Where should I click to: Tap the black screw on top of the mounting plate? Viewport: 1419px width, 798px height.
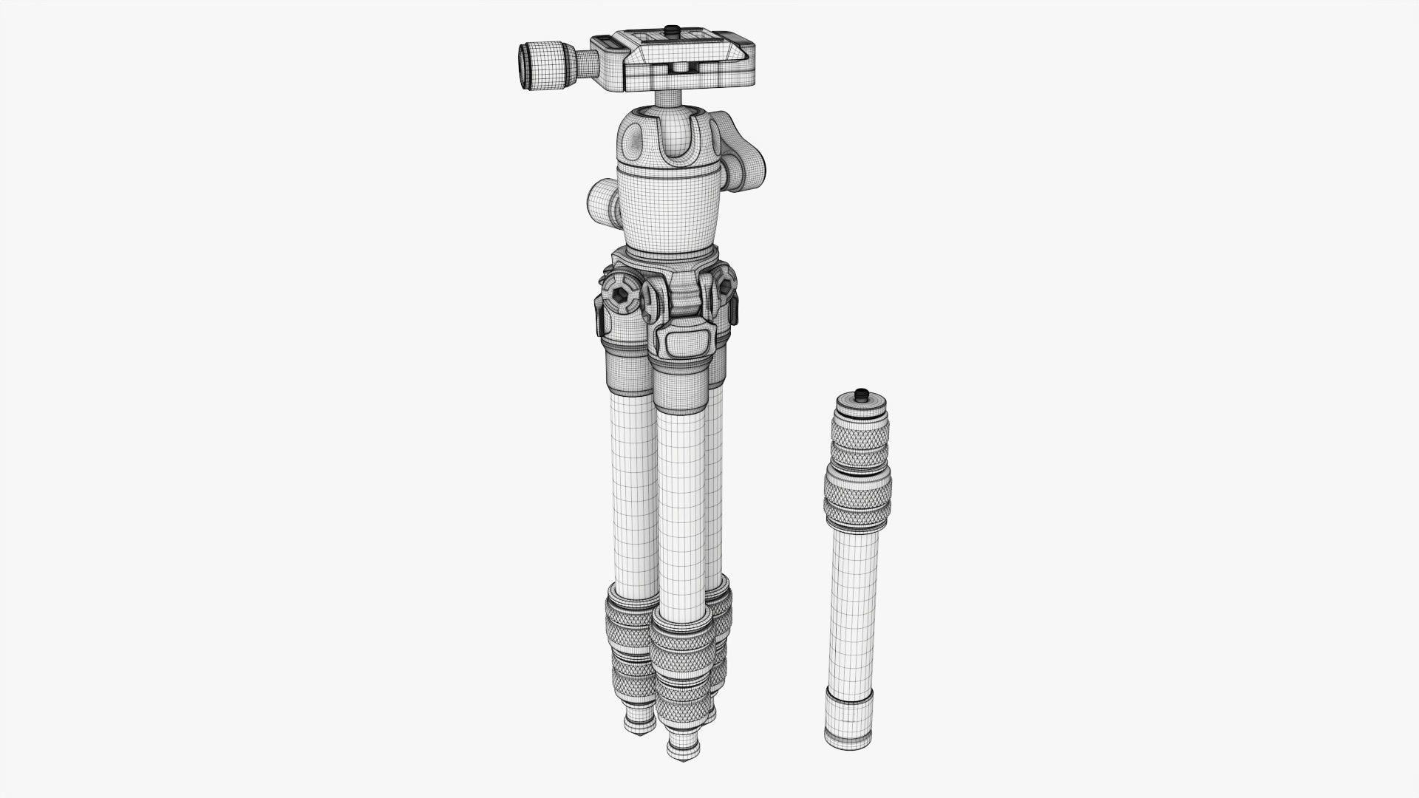click(672, 30)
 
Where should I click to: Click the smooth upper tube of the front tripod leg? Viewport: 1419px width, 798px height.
click(681, 510)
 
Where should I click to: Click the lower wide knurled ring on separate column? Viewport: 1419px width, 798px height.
click(857, 499)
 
